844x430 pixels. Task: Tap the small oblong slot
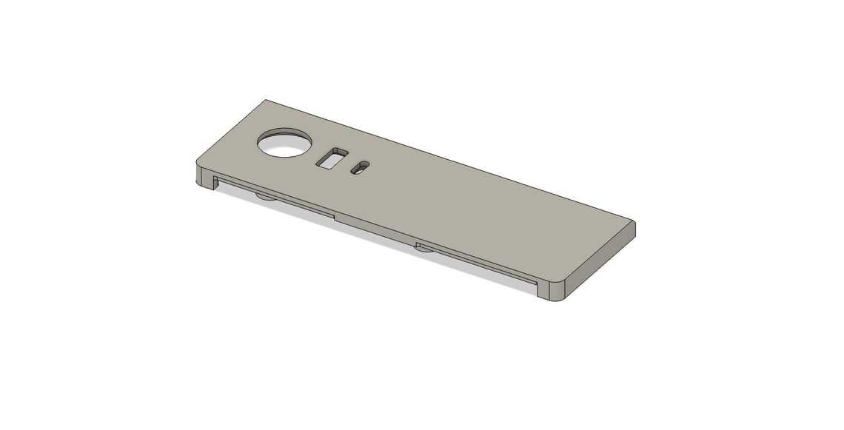pos(359,169)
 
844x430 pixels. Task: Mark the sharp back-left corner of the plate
pos(266,101)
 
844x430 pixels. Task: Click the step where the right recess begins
pos(417,243)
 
